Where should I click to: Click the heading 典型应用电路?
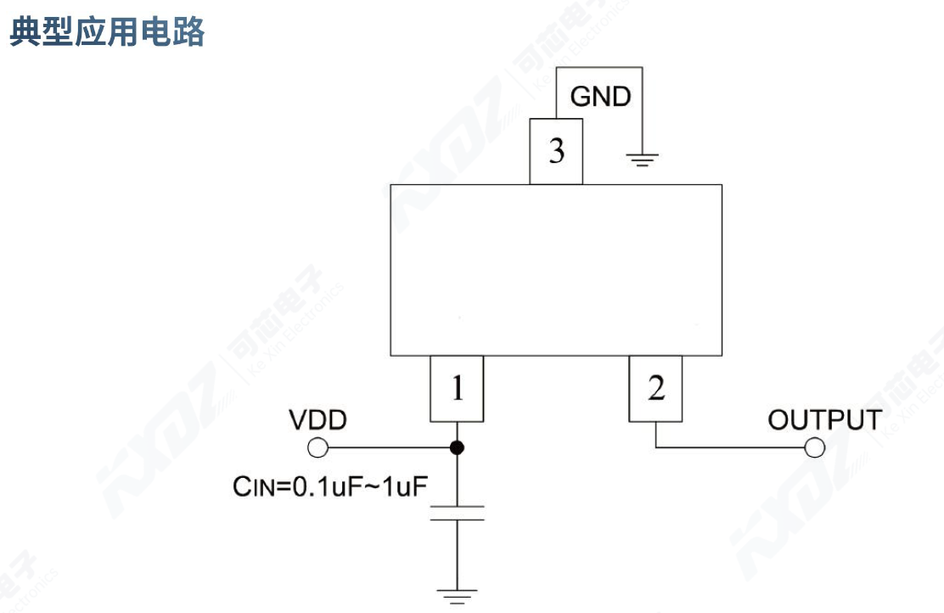107,32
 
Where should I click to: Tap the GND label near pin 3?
600,97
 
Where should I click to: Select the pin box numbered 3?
556,152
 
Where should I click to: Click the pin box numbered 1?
457,390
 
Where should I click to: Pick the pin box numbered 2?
656,390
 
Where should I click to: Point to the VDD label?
317,420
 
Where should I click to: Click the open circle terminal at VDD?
317,447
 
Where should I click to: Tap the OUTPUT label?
824,419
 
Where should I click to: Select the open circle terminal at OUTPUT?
816,447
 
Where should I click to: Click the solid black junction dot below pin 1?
457,447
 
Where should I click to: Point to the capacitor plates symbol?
457,512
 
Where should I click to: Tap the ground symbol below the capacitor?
457,594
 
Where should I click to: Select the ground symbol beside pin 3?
643,159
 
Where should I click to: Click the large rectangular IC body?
556,270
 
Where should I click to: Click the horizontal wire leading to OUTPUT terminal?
730,447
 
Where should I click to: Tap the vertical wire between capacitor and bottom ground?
457,552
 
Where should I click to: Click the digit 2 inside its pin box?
656,389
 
